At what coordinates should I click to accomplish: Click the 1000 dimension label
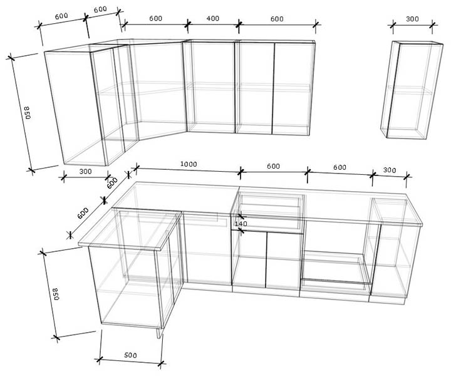pos(189,164)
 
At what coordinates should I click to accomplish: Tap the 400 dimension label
pos(212,18)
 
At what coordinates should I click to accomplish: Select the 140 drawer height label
pos(241,224)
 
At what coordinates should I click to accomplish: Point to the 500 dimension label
pos(130,355)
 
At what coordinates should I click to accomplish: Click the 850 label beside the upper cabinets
pos(27,113)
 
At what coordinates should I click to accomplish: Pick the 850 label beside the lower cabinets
pos(56,294)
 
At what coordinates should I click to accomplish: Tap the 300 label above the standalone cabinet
pos(412,19)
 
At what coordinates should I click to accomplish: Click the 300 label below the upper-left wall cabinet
pos(85,172)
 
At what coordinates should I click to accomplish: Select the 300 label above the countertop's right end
pos(390,170)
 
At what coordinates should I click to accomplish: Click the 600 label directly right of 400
pos(277,19)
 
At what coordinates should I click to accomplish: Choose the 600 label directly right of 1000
pos(273,166)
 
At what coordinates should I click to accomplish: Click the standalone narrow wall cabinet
pos(412,90)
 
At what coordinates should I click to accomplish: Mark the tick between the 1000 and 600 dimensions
pos(241,172)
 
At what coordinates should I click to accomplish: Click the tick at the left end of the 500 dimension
pos(99,360)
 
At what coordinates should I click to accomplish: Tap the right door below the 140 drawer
pos(284,261)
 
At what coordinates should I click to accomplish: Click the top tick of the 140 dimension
pos(241,216)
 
